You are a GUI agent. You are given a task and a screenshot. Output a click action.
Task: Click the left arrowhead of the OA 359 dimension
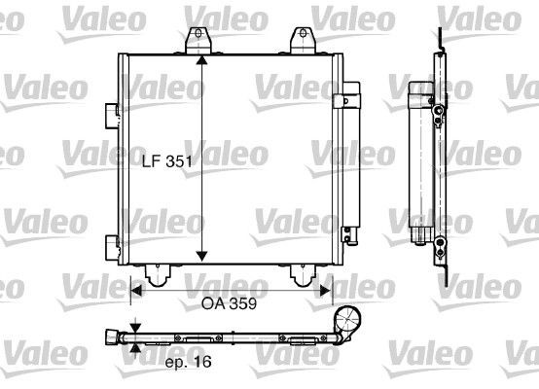[x=135, y=288]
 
